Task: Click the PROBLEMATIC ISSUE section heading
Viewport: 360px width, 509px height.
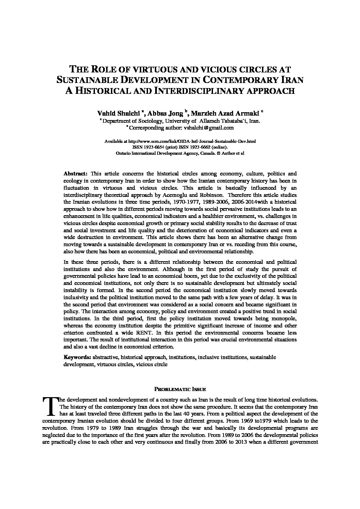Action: coord(180,389)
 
